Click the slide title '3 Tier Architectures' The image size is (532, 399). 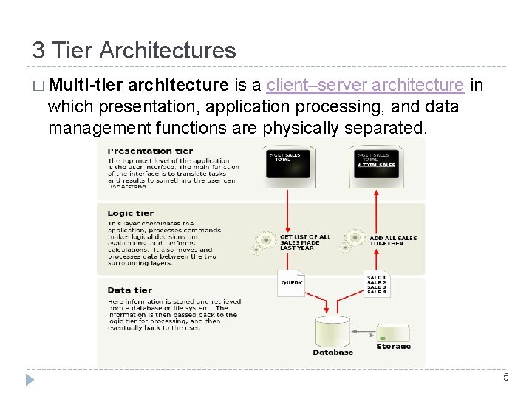134,50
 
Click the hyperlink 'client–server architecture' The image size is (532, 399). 365,86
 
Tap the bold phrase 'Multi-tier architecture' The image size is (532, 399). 138,86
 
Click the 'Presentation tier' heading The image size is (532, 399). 150,151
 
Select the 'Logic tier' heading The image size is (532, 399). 131,214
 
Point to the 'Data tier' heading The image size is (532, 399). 129,290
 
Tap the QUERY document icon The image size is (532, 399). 292,283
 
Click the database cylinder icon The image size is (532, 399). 332,330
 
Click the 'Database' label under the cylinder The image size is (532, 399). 332,352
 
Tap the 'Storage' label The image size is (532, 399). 393,347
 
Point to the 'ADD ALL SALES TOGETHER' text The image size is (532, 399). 392,241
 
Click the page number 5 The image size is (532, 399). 505,378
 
